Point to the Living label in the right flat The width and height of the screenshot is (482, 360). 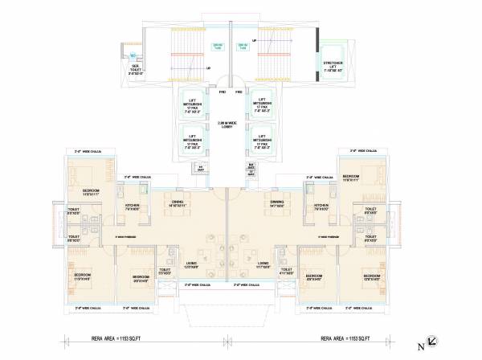[263, 263]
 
